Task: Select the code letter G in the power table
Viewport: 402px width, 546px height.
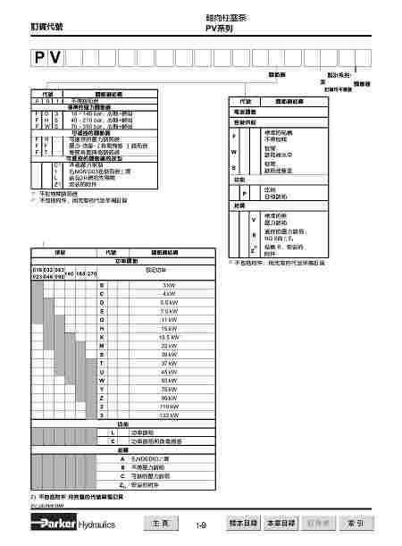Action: click(103, 317)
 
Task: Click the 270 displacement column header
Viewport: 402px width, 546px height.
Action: click(92, 273)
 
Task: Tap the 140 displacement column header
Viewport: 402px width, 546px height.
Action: click(70, 273)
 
